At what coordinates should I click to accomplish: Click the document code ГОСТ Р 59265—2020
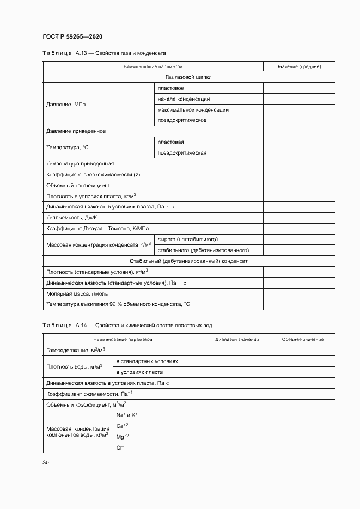[x=72, y=36]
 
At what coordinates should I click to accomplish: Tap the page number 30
[x=46, y=462]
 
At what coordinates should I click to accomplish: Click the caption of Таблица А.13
[x=104, y=53]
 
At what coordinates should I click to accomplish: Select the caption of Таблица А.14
[x=127, y=325]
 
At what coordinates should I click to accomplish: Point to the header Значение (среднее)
[x=298, y=66]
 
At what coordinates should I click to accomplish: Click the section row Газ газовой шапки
[x=188, y=77]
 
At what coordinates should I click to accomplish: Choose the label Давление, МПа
[x=66, y=104]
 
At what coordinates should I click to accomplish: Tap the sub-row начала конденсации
[x=184, y=99]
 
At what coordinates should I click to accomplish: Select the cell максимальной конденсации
[x=193, y=109]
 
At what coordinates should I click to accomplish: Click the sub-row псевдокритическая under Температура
[x=182, y=153]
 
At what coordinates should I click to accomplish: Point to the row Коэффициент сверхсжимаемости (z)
[x=94, y=174]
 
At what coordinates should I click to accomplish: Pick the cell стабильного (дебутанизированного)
[x=203, y=250]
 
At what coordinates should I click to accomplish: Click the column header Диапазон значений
[x=237, y=339]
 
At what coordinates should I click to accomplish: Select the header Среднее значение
[x=303, y=339]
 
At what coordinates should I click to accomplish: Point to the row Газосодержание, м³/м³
[x=76, y=350]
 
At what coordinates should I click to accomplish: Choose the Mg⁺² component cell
[x=123, y=437]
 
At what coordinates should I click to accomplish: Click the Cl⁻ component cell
[x=120, y=447]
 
